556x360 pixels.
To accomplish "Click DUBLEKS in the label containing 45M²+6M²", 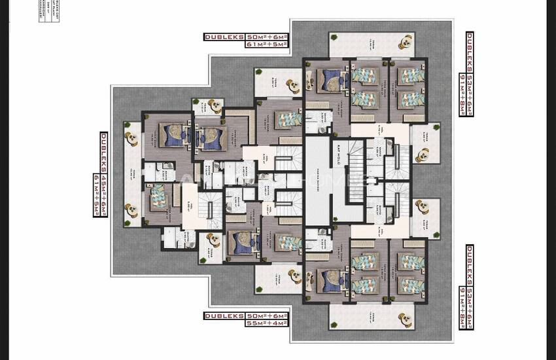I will point(104,151).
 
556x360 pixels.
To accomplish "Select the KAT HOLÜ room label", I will point(338,153).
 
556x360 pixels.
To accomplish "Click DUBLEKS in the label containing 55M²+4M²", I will point(223,315).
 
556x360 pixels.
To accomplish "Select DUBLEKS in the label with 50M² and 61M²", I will point(223,37).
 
